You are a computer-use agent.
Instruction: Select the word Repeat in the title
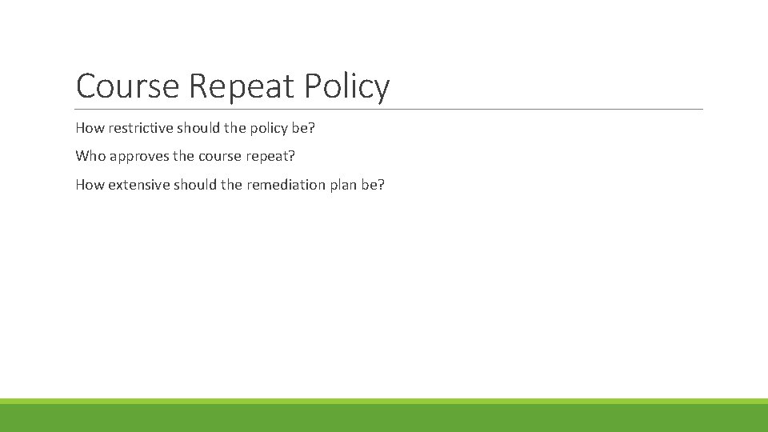(x=244, y=86)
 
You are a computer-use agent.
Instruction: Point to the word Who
(x=90, y=155)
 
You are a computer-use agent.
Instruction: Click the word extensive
(x=139, y=184)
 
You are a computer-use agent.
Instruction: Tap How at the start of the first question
(x=90, y=128)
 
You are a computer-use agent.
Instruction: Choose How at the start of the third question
(x=90, y=184)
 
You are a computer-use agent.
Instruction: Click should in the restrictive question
(x=195, y=128)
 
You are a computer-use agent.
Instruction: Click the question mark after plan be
(x=382, y=184)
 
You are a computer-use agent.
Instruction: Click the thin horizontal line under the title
(x=389, y=109)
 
